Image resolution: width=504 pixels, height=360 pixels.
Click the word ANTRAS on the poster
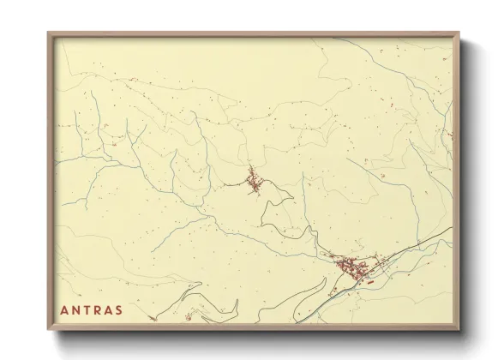(x=92, y=309)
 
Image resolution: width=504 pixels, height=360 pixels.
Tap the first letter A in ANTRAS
(x=65, y=309)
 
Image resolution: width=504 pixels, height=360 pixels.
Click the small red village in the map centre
(x=255, y=181)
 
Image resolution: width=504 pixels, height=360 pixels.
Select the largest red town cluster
(x=351, y=267)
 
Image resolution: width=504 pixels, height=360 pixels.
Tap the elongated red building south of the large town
(x=371, y=278)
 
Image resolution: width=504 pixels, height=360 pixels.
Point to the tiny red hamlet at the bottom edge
(x=188, y=317)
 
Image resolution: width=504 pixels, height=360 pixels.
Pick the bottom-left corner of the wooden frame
(x=49, y=331)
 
